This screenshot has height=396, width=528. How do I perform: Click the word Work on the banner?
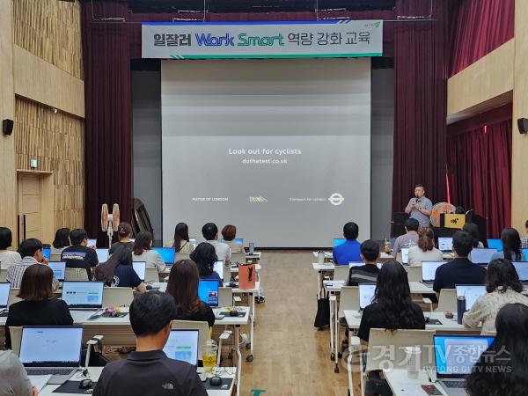[x=216, y=40]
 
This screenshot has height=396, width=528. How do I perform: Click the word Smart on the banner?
[x=260, y=40]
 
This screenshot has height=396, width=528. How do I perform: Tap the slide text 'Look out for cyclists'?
[x=265, y=151]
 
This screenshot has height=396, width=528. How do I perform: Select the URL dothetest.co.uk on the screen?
[x=265, y=161]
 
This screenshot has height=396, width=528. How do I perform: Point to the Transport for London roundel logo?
[x=336, y=199]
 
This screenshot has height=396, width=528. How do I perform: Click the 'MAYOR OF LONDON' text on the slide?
[x=210, y=200]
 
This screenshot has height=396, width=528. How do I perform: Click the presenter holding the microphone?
[x=421, y=208]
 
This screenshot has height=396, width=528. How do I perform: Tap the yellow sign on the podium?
[x=454, y=220]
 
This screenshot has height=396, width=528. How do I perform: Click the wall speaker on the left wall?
[x=8, y=127]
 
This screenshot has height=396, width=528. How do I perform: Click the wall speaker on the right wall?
[x=522, y=126]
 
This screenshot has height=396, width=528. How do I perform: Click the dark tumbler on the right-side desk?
[x=461, y=309]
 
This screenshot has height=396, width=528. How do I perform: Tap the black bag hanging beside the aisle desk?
[x=323, y=311]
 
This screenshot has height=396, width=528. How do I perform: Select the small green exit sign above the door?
[x=33, y=163]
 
